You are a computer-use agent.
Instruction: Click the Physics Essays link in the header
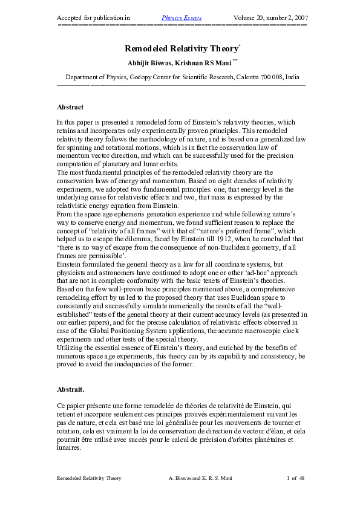[x=182, y=18]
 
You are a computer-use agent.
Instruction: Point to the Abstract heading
[x=70, y=107]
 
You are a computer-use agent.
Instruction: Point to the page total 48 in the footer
[x=301, y=478]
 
